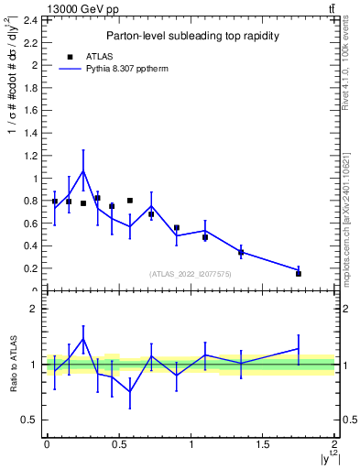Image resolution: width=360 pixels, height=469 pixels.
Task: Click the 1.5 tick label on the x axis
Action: click(263, 445)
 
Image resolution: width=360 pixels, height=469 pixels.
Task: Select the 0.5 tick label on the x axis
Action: click(118, 445)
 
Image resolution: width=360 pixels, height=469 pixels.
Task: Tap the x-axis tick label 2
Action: click(335, 445)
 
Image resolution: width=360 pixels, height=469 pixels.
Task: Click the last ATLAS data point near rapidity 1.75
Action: click(299, 273)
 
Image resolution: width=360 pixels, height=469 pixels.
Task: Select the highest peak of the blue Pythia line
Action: click(83, 170)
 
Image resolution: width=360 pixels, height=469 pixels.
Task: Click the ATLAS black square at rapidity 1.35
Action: click(241, 252)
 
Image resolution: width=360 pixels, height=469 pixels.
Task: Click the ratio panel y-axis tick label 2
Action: click(34, 309)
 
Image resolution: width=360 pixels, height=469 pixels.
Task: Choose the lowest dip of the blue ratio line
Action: click(130, 391)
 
